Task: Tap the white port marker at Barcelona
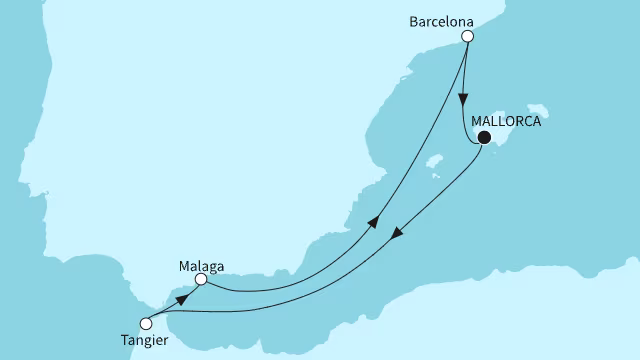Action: pyautogui.click(x=467, y=37)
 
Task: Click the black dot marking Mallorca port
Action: pyautogui.click(x=484, y=138)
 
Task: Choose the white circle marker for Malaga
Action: pyautogui.click(x=201, y=280)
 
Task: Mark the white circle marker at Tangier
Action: pyautogui.click(x=147, y=323)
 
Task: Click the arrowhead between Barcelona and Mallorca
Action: pyautogui.click(x=462, y=101)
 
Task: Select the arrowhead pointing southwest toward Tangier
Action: pyautogui.click(x=397, y=236)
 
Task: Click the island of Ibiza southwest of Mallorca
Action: pyautogui.click(x=434, y=162)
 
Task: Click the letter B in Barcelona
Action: pyautogui.click(x=413, y=19)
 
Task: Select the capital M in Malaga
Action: pyautogui.click(x=183, y=265)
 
